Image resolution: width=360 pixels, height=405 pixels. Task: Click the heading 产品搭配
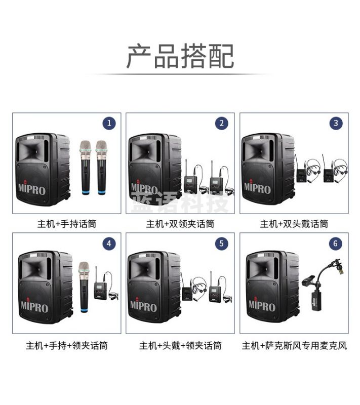coord(180,56)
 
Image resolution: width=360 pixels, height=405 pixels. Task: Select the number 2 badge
coord(222,123)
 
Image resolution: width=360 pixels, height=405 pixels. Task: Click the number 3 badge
coord(335,123)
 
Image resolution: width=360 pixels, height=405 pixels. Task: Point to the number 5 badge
coord(222,243)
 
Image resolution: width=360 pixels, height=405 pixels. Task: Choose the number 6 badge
coord(335,243)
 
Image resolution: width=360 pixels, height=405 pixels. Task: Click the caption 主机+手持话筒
coord(66,223)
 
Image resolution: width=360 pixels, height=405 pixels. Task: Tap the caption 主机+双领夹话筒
coord(180,223)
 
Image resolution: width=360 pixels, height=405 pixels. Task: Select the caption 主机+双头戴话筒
coord(294,223)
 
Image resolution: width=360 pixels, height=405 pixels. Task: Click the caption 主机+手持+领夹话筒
coord(66,346)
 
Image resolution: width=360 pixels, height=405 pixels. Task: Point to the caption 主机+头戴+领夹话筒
coord(180,346)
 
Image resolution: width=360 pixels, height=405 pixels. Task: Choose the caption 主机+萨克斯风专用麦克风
coord(294,346)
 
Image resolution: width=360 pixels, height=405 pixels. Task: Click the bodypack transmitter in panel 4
coord(100,291)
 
